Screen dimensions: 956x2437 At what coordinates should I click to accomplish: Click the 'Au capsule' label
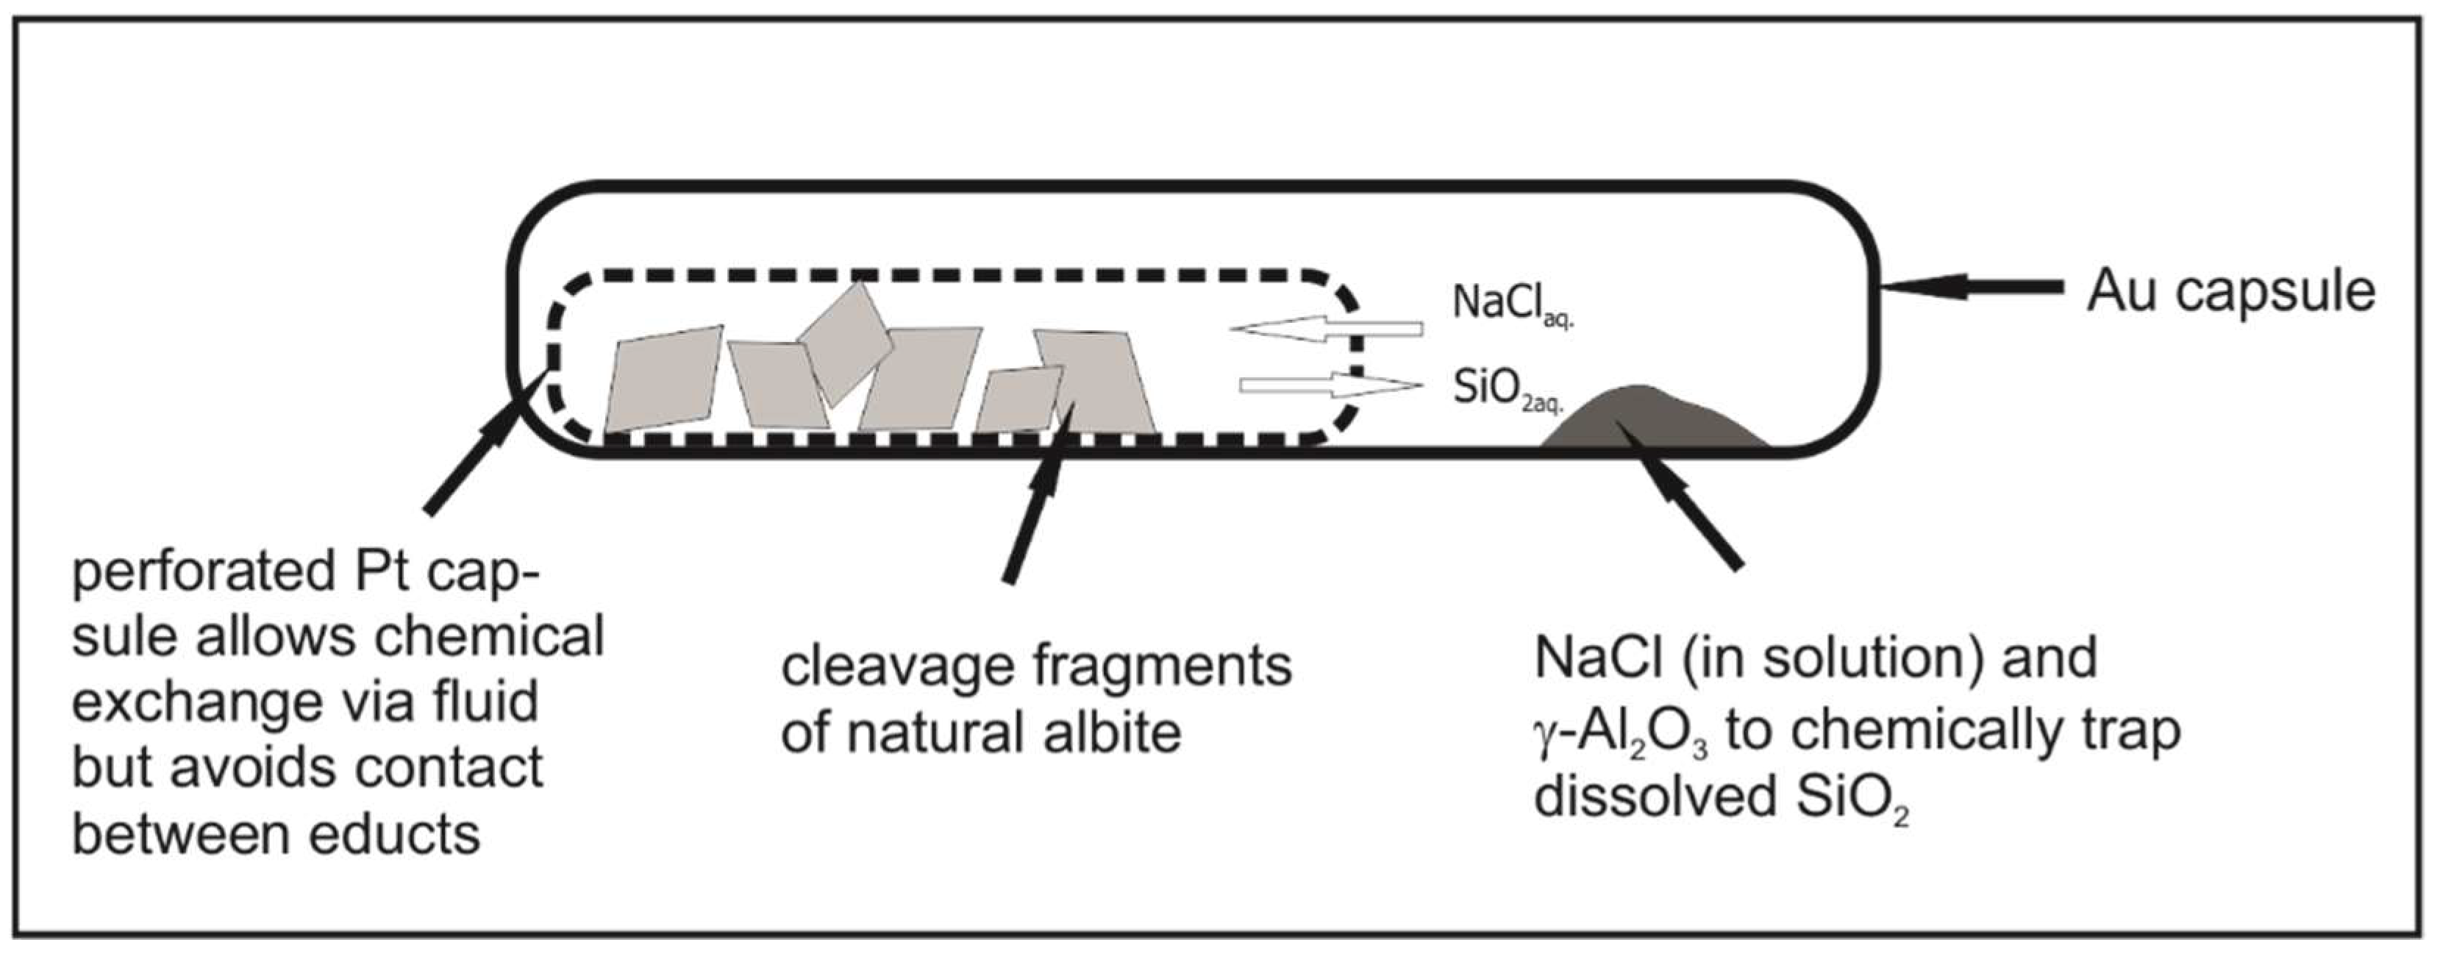point(2231,291)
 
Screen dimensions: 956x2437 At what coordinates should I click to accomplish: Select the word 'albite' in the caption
point(1113,733)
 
